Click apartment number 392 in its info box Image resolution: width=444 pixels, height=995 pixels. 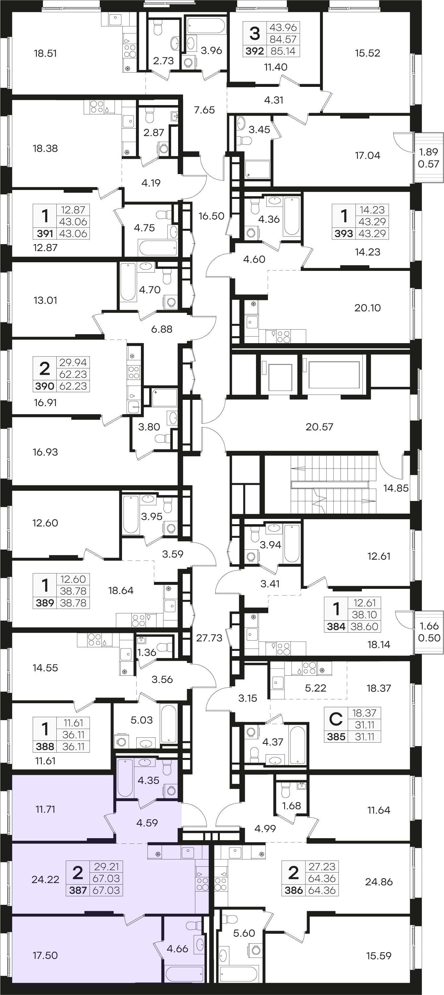[255, 51]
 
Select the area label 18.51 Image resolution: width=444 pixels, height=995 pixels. [45, 53]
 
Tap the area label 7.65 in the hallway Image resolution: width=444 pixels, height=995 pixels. [204, 110]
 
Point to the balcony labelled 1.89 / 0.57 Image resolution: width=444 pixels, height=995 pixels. [428, 157]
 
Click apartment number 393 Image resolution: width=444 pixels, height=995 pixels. [344, 233]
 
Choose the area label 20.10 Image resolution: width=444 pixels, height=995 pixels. [367, 308]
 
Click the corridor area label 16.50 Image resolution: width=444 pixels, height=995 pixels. [211, 216]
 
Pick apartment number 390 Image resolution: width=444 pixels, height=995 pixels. [45, 386]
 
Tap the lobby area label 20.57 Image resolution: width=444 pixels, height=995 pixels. [319, 427]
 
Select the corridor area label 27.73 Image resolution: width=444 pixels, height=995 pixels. [209, 638]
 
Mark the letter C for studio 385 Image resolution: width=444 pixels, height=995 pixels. [336, 719]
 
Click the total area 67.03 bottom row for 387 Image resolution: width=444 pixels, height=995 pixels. [106, 890]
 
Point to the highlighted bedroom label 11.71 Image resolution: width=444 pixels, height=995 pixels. [45, 809]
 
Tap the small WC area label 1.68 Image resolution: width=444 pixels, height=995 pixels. [291, 806]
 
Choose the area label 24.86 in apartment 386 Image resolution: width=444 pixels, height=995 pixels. [379, 882]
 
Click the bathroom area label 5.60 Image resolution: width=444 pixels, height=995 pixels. [244, 933]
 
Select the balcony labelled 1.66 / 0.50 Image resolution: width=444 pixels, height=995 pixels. [429, 632]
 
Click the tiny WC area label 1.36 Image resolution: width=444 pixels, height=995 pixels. [147, 653]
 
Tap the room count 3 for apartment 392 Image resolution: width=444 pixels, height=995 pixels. [255, 33]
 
